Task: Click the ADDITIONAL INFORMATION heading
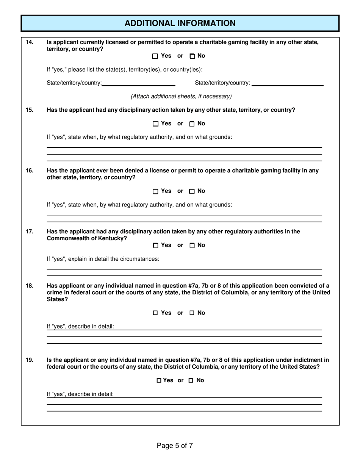tap(180, 23)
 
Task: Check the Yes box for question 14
tap(155, 56)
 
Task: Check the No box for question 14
tap(193, 56)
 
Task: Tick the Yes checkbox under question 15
tap(155, 124)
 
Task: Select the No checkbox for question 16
tap(193, 191)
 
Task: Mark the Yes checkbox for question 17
tap(155, 246)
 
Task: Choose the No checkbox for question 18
tap(192, 313)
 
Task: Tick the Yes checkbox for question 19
tap(159, 380)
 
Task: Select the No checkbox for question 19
tap(191, 380)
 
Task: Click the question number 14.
tap(29, 42)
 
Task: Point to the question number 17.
tap(29, 231)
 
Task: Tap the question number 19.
tap(29, 360)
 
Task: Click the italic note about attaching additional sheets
tap(181, 97)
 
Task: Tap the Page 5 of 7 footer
tap(175, 446)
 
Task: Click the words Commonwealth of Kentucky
tap(87, 238)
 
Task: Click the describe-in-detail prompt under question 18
tap(80, 326)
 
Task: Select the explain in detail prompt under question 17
tap(103, 259)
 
